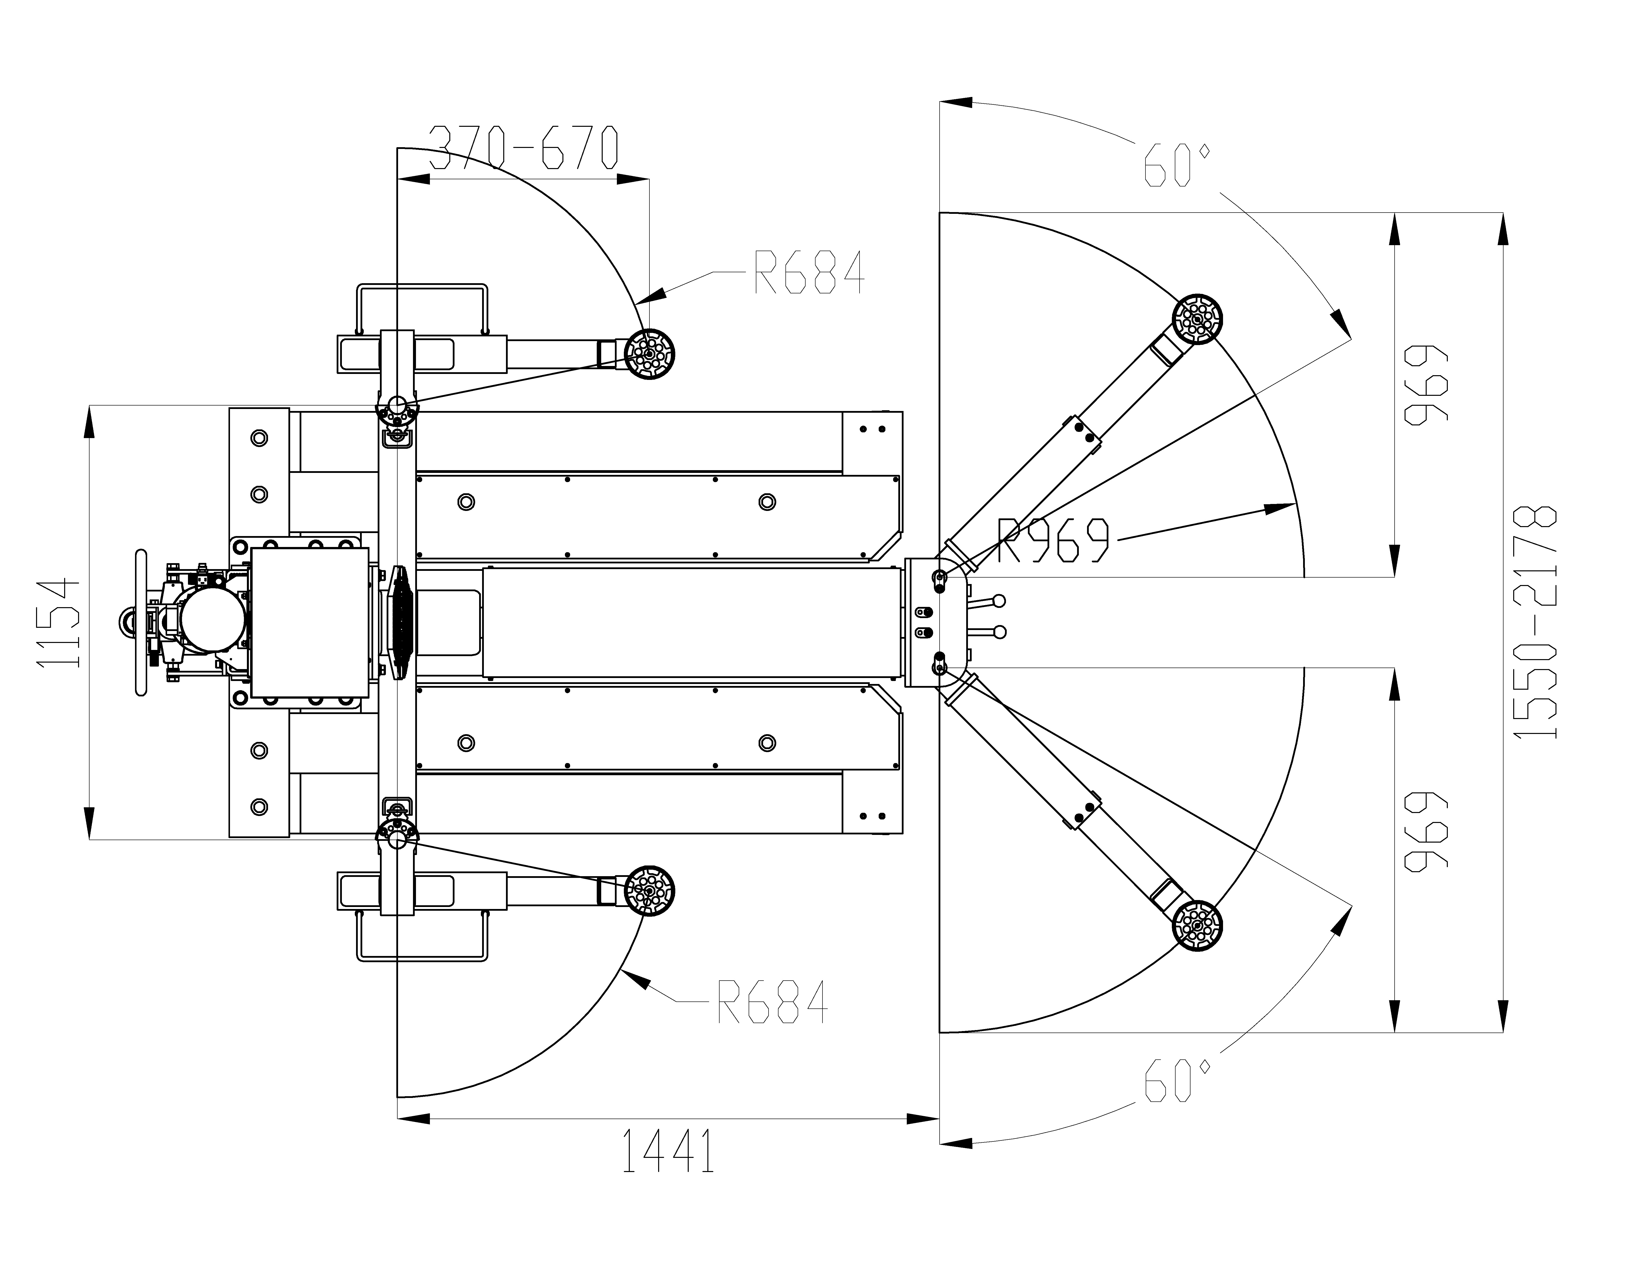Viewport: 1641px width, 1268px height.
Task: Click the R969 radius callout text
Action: [x=1053, y=539]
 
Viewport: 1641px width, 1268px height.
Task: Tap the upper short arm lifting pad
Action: [x=649, y=353]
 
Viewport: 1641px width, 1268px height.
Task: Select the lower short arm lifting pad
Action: [x=649, y=890]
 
